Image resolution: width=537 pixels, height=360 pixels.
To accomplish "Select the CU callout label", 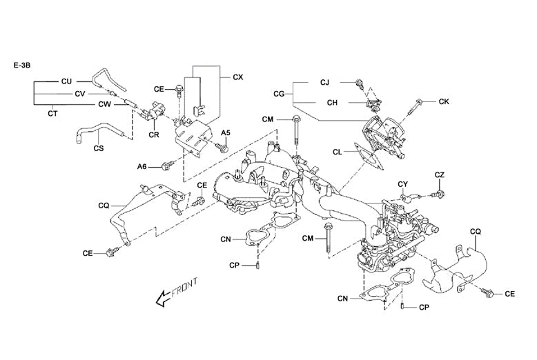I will pyautogui.click(x=67, y=81).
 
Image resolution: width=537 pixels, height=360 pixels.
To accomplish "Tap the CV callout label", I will pyautogui.click(x=79, y=93).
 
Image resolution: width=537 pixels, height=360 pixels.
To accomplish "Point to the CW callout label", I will pyautogui.click(x=104, y=104).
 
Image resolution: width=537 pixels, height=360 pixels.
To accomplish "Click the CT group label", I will pyautogui.click(x=52, y=112).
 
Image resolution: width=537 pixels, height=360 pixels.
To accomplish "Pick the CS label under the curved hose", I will pyautogui.click(x=98, y=147).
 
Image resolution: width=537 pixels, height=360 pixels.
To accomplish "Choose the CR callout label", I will pyautogui.click(x=154, y=134).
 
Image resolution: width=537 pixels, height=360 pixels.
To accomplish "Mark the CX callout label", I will pyautogui.click(x=237, y=77).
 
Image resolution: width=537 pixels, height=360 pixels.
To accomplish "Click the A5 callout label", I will pyautogui.click(x=225, y=132).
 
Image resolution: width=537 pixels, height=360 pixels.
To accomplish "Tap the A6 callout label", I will pyautogui.click(x=142, y=166).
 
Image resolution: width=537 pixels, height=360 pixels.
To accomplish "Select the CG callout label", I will pyautogui.click(x=279, y=92).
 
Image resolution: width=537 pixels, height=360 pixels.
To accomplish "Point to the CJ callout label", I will pyautogui.click(x=324, y=82).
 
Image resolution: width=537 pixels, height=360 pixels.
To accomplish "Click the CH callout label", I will pyautogui.click(x=332, y=103).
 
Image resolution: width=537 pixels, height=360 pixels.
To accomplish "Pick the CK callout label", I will pyautogui.click(x=444, y=101).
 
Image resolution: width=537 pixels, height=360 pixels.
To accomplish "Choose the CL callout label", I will pyautogui.click(x=338, y=152).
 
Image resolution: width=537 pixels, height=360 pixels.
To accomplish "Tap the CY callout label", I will pyautogui.click(x=404, y=183).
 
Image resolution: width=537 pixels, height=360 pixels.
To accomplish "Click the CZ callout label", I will pyautogui.click(x=440, y=175).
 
